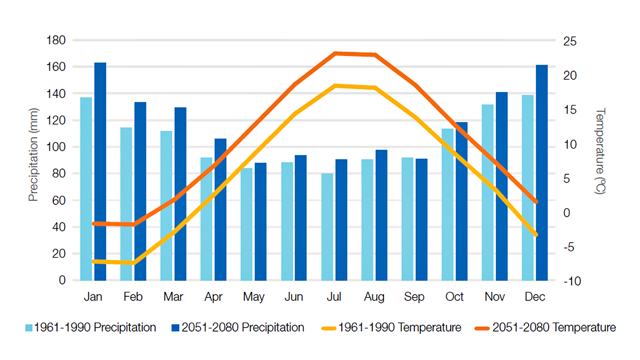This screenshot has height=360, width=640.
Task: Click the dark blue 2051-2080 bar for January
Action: click(100, 171)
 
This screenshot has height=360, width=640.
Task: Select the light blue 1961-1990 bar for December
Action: click(527, 187)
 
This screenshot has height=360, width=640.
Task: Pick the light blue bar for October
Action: click(448, 204)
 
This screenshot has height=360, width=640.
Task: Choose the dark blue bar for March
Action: click(180, 193)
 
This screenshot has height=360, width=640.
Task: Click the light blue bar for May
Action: click(247, 224)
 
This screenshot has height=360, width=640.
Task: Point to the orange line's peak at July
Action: click(337, 53)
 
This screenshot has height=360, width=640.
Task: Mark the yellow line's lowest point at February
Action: click(133, 263)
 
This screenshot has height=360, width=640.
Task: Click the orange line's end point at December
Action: click(537, 202)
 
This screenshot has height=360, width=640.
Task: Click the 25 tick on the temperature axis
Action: click(571, 40)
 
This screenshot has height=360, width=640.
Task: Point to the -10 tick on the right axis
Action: click(571, 281)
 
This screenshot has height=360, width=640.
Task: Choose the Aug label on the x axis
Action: click(374, 297)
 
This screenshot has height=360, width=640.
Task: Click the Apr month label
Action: click(213, 297)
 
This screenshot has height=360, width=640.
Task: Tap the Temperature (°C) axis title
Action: click(600, 160)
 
